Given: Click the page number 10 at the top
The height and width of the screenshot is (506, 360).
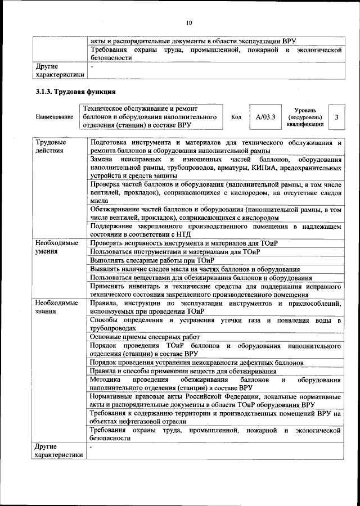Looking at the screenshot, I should click(188, 23).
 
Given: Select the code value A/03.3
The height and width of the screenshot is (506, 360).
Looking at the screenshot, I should click(265, 117).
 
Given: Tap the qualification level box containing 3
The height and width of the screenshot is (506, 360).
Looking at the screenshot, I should click(336, 117).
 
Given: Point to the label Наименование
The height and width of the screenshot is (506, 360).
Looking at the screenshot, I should click(55, 117).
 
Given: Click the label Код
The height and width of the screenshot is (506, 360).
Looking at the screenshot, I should click(236, 117).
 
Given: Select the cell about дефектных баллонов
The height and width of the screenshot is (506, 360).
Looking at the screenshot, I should click(197, 363).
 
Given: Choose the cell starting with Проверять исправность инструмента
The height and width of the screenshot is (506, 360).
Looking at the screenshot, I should click(184, 242).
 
